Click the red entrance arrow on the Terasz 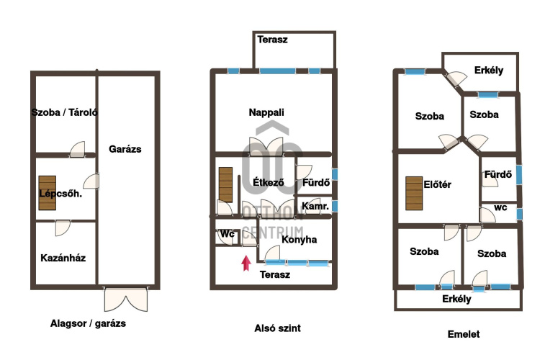coord(246,263)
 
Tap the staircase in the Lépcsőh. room coord(48,193)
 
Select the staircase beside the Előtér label coord(414,194)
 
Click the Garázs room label coord(125,149)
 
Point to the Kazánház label coord(63,258)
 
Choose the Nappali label coord(266,112)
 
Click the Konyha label coord(299,240)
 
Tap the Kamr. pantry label coord(315,207)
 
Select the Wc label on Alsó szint coord(228,234)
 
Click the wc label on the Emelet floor coord(500,208)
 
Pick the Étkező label coord(269,182)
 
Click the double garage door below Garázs coord(126,300)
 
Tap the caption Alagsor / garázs coord(88,323)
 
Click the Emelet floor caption coord(464,334)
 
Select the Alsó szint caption coord(277,328)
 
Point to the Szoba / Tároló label coord(64,112)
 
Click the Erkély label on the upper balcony coord(489,70)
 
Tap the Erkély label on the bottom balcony coord(456,299)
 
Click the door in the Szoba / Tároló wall coord(77,150)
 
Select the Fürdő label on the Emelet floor coord(498,174)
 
